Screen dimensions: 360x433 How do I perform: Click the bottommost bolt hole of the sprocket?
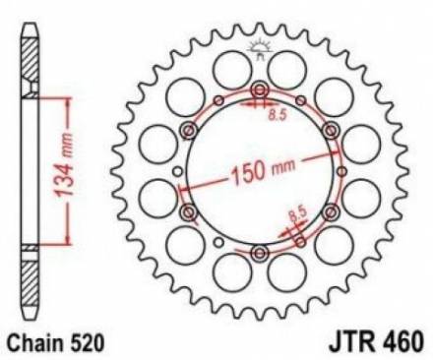coord(259,253)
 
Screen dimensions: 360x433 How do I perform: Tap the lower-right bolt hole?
coord(329,212)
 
